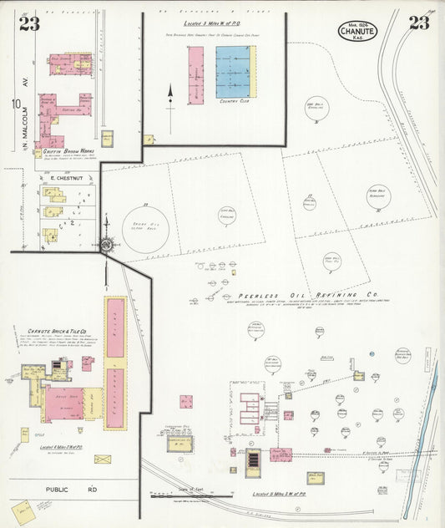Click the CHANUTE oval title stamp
357,31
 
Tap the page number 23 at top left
29,23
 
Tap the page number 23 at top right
418,23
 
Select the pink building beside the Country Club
195,75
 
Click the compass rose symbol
107,245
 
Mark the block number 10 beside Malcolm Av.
16,104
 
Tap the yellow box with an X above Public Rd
103,459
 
